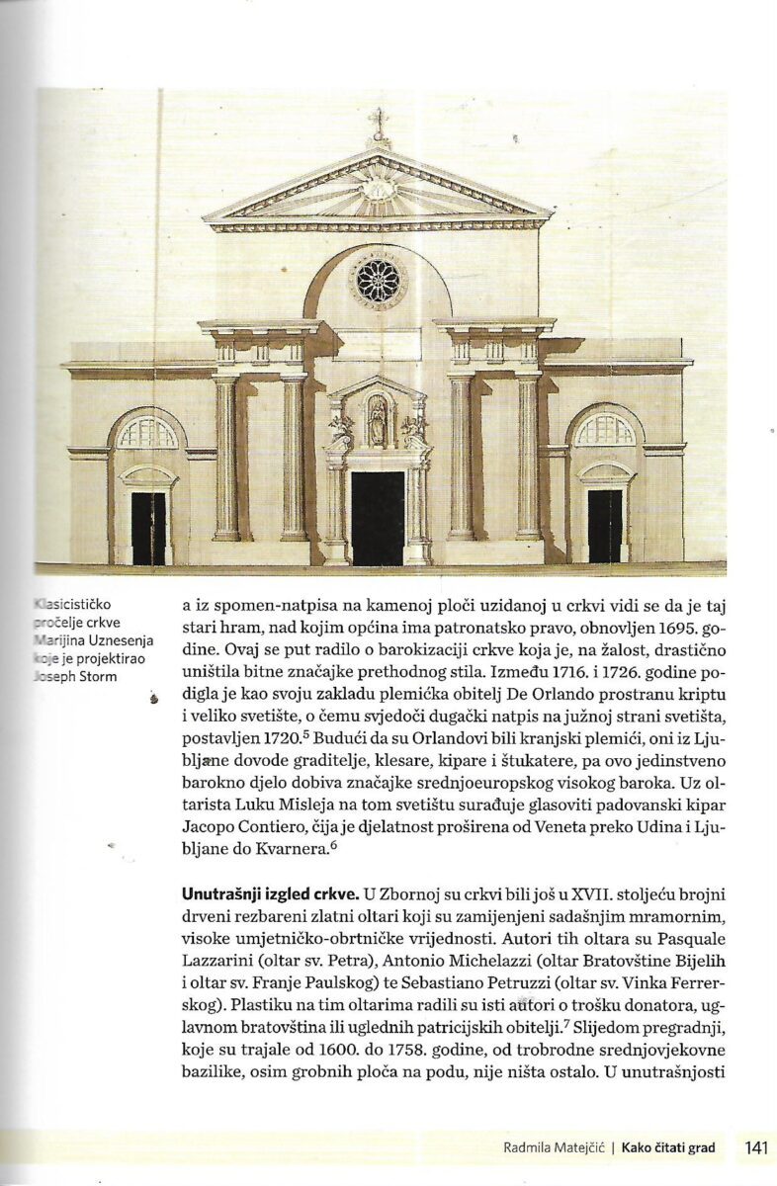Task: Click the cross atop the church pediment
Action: point(377,125)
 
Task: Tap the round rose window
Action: point(378,282)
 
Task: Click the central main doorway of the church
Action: point(378,516)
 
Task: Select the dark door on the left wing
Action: point(148,527)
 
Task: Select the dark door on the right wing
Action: point(605,525)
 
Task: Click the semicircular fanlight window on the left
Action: point(148,433)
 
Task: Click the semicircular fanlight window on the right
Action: point(605,430)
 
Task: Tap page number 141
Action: point(757,1148)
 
